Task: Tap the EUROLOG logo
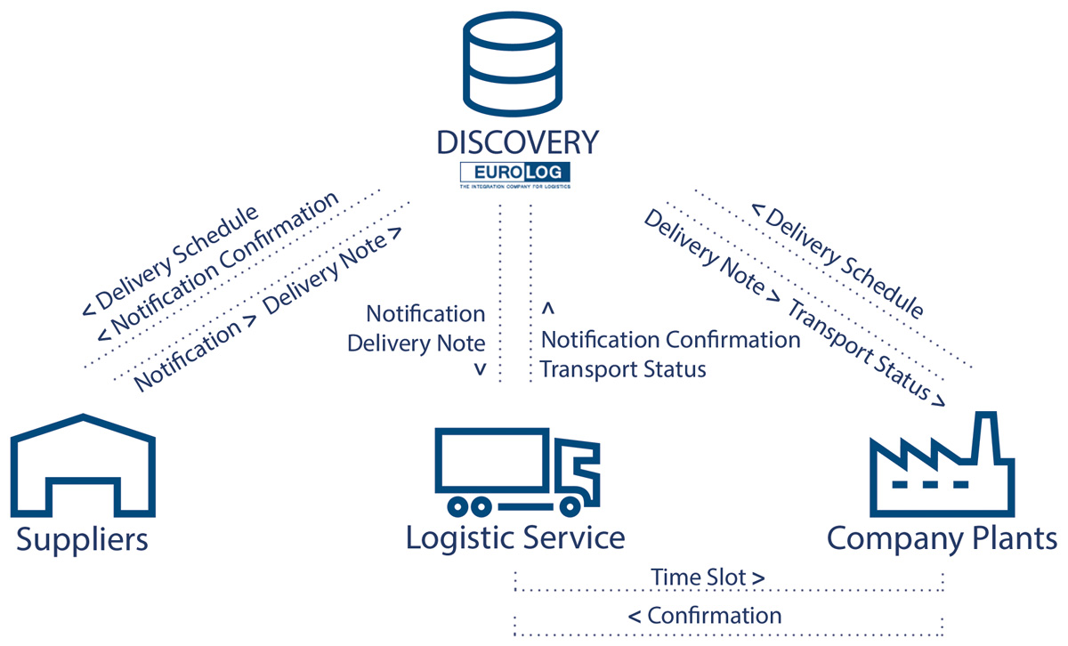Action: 515,173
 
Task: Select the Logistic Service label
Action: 515,537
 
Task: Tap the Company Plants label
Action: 943,538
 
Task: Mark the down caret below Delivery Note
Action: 480,368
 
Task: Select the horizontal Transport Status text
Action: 623,369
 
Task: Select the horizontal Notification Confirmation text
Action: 670,340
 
